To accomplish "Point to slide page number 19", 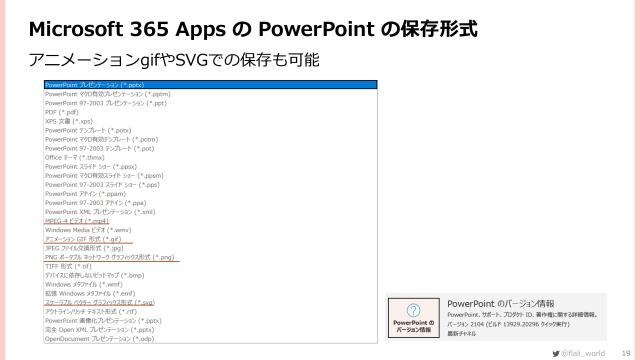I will point(626,351).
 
